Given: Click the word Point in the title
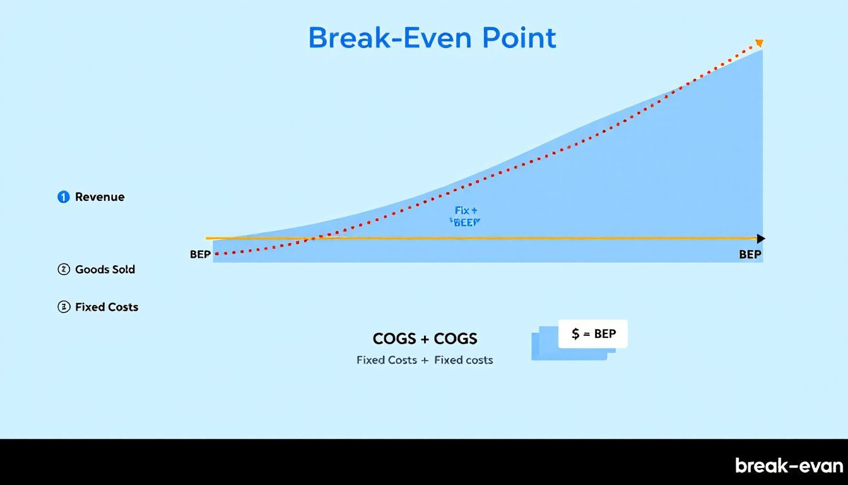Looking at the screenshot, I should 519,39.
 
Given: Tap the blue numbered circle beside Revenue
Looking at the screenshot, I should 63,197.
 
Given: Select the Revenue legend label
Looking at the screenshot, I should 100,197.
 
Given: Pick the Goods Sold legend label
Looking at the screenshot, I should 105,270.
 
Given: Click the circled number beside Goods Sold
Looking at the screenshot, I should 63,270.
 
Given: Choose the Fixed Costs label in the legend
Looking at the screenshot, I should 107,308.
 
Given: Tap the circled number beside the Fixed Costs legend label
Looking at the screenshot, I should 63,308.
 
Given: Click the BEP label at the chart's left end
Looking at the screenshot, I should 200,254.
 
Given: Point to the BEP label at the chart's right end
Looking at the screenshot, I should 750,254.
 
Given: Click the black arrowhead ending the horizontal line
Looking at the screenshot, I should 761,239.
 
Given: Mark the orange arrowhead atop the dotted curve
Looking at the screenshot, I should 759,44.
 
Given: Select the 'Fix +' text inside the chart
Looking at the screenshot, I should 466,210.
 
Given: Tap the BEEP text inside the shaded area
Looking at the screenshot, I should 466,222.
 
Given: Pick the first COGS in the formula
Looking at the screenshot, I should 394,339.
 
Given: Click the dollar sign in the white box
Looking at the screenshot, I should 575,334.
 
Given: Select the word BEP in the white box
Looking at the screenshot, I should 604,334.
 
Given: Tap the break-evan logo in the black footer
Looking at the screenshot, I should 789,466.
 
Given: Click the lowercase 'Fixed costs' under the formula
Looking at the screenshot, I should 464,361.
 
